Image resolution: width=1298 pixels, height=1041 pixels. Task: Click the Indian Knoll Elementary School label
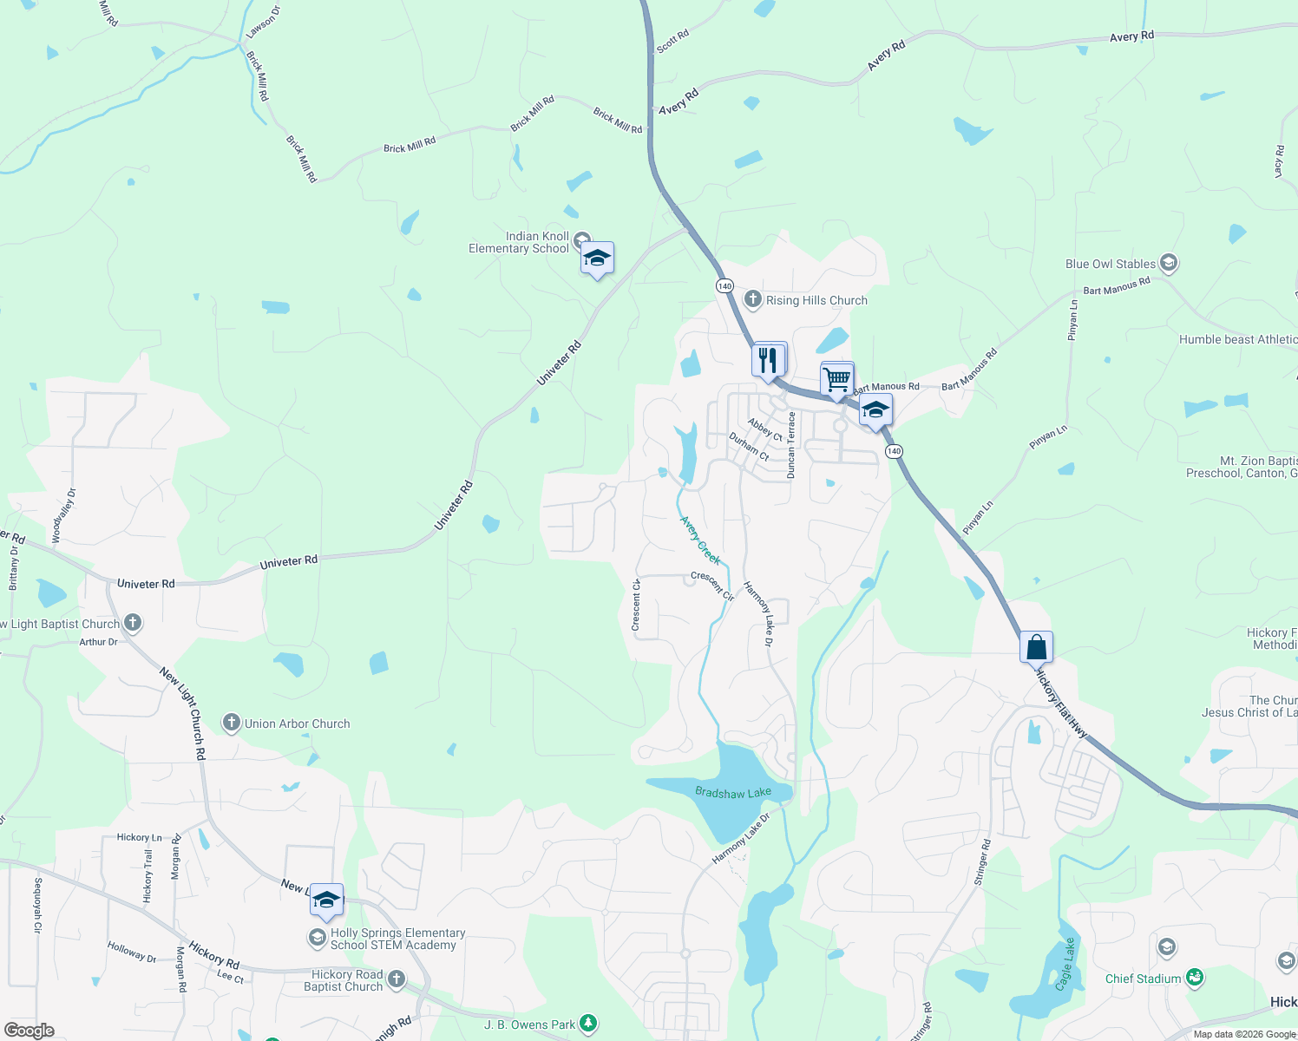pos(519,242)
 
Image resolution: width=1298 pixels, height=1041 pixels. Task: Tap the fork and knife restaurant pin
pos(769,360)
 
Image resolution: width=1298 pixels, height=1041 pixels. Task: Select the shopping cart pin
pos(836,379)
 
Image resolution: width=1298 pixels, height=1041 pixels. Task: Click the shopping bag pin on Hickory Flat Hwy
pos(1036,647)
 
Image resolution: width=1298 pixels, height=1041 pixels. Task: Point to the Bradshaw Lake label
pos(733,792)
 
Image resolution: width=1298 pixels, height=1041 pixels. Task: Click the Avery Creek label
pos(699,540)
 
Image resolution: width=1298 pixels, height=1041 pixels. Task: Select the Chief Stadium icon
pos(1195,978)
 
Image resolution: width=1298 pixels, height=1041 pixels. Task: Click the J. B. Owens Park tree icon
pos(588,1025)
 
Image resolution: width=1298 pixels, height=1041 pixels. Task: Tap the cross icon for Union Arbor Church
pos(231,723)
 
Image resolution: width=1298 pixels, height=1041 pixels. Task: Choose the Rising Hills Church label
pos(816,300)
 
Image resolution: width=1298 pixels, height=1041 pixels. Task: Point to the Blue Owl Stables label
pos(1111,264)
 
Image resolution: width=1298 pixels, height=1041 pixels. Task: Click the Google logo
pos(29,1031)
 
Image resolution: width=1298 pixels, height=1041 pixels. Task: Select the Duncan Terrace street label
pos(790,445)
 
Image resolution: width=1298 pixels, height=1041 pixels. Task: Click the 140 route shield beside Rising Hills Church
pos(724,285)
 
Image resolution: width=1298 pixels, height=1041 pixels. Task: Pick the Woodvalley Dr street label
pos(63,516)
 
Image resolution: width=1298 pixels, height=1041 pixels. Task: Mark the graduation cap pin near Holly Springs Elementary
pos(326,900)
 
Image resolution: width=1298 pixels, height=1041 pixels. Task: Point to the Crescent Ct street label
pos(636,606)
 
